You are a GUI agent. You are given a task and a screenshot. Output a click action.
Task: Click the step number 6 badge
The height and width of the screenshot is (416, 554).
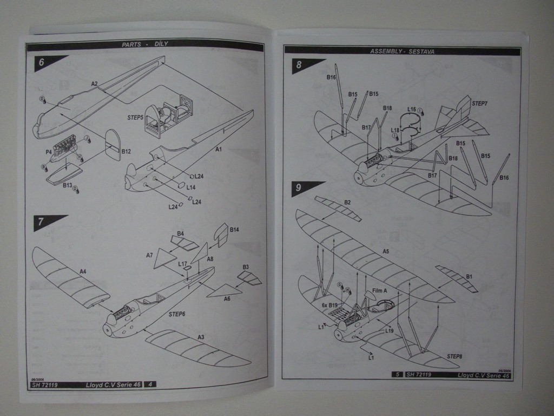tap(42, 62)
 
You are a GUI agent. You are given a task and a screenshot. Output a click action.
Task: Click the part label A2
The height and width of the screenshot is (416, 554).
tap(94, 84)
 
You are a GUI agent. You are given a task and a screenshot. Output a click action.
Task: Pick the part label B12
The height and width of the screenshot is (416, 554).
tap(126, 152)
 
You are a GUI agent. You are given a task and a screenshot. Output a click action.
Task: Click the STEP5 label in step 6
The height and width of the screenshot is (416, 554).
tap(135, 116)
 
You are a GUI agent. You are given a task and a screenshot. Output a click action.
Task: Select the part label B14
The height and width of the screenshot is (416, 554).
tap(234, 230)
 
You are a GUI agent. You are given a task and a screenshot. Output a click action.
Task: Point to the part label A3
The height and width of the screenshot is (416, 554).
tap(201, 337)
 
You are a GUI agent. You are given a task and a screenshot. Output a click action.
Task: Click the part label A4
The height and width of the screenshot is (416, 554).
tap(83, 271)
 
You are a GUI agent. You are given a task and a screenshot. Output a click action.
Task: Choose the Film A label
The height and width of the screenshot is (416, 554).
tap(380, 291)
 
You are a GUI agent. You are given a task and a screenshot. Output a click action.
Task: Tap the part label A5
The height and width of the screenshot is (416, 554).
tap(386, 251)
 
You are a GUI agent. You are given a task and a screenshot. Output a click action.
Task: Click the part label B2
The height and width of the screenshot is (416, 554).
tap(347, 203)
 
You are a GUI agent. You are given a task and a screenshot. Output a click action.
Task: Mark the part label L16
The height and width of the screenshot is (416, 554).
tap(412, 109)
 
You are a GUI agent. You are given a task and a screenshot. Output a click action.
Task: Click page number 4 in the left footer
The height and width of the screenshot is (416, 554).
tap(150, 384)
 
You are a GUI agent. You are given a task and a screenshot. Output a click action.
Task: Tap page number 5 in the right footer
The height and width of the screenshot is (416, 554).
tap(398, 374)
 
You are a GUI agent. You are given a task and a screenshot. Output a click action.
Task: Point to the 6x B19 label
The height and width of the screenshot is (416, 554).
tap(329, 305)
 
